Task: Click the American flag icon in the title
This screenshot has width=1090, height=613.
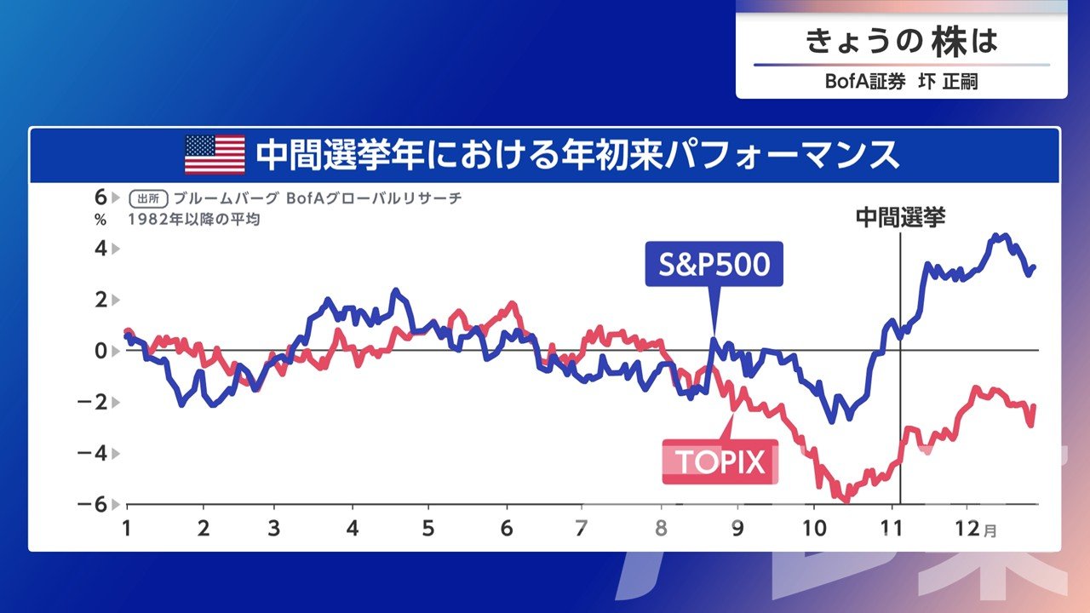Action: click(215, 154)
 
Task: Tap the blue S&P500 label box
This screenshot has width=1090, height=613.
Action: click(714, 264)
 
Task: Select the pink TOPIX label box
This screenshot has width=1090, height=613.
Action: click(720, 461)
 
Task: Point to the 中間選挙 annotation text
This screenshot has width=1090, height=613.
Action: click(900, 217)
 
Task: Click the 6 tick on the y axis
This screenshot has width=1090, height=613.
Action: click(100, 198)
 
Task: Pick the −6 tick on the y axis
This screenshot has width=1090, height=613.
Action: click(93, 505)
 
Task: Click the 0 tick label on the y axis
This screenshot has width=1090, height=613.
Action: click(100, 351)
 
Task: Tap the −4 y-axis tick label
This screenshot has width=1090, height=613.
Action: click(93, 454)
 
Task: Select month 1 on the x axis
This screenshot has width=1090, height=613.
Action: click(127, 529)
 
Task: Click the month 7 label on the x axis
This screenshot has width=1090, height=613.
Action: click(581, 529)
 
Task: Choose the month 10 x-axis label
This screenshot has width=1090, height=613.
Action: click(813, 529)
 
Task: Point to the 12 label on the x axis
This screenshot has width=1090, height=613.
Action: click(967, 529)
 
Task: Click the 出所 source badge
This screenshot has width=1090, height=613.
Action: click(148, 198)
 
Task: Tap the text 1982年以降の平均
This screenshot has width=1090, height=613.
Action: click(193, 220)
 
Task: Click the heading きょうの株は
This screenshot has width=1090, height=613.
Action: click(902, 41)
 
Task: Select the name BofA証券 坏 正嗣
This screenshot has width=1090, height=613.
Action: click(902, 81)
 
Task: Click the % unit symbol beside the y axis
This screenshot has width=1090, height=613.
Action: click(100, 220)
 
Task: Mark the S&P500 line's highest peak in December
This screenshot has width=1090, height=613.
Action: click(995, 235)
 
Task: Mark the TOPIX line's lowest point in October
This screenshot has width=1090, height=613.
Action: click(846, 501)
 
